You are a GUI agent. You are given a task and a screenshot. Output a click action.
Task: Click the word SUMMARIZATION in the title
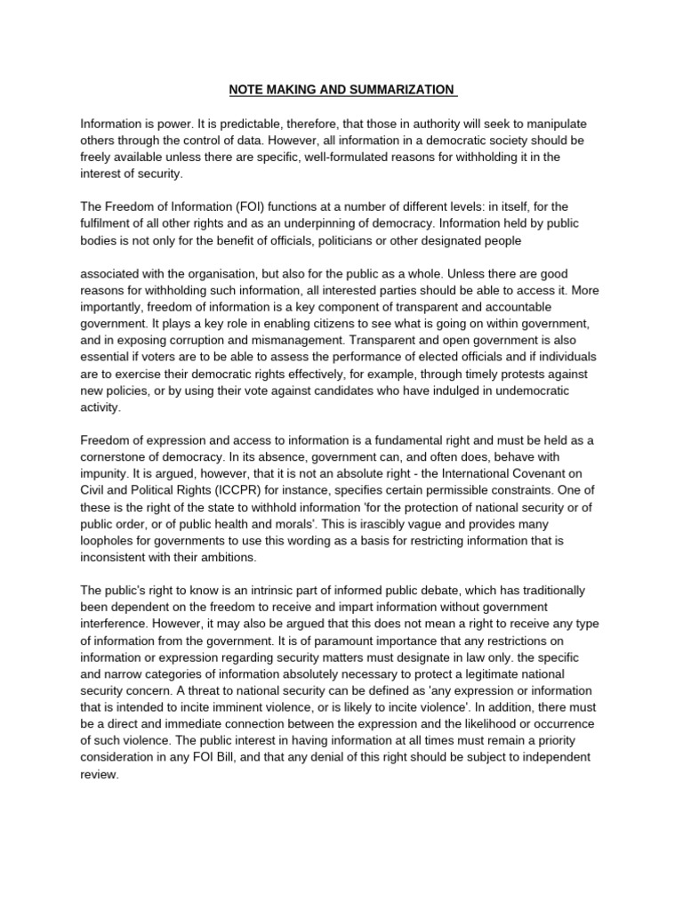(397, 90)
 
